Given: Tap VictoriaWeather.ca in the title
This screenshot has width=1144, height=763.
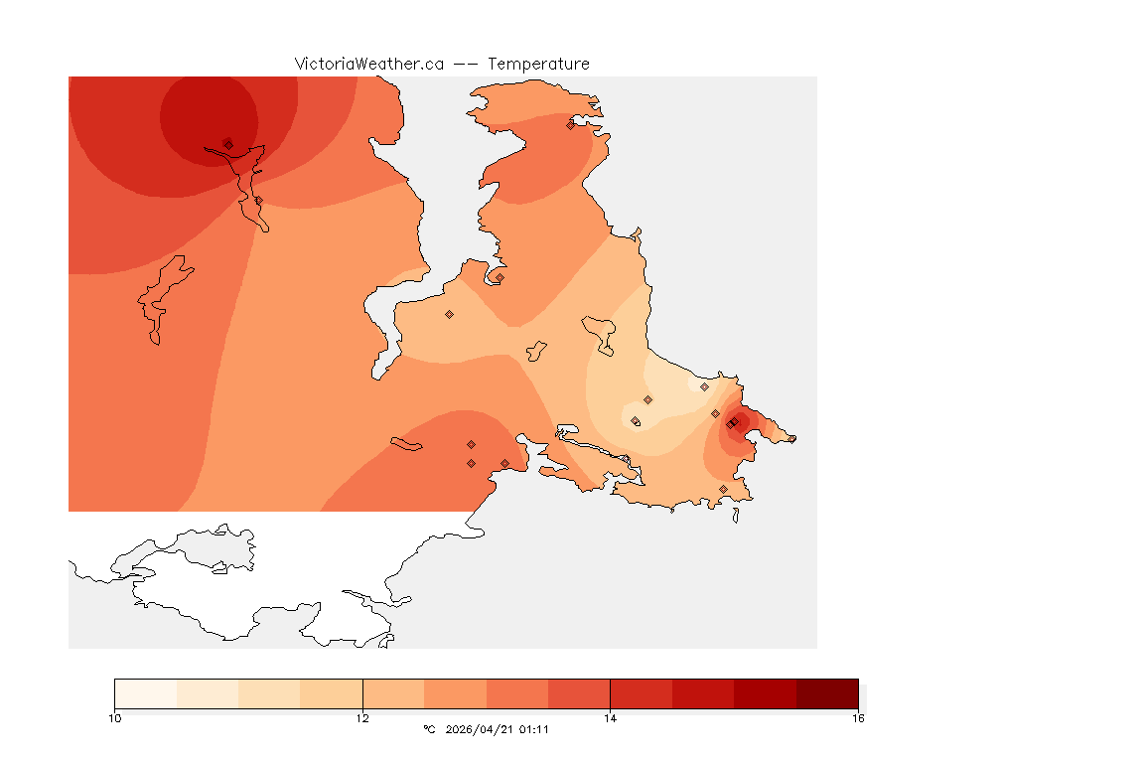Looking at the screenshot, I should pos(368,64).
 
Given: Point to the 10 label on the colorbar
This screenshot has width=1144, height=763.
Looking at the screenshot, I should pos(115,717).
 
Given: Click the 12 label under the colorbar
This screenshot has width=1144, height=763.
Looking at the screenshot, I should pos(362,717).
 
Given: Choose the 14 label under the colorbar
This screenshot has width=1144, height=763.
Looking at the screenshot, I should pos(610,717).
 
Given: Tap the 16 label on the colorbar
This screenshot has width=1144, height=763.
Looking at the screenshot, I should pos(857,717).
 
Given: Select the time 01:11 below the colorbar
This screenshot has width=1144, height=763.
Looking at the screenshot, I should pos(534,729).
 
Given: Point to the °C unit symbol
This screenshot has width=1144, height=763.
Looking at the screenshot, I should pos(429,729).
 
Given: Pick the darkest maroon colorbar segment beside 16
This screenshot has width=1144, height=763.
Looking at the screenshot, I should pos(826,693).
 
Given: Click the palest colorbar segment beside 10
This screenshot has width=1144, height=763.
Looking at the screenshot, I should pos(146,693).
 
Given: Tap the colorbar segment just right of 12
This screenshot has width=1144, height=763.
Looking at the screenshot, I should pos(393,693).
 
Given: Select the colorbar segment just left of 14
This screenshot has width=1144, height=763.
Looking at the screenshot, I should pos(579,693).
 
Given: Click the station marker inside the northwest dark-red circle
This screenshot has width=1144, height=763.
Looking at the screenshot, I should pos(228,144).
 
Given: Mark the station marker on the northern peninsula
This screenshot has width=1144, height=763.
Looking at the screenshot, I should pos(570,125).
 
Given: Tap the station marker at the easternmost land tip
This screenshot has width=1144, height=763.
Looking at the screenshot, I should pos(791,438).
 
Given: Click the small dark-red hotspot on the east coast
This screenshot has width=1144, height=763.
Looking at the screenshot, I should pos(736,422).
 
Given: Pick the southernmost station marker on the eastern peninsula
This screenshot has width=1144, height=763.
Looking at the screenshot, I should pos(723,489).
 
